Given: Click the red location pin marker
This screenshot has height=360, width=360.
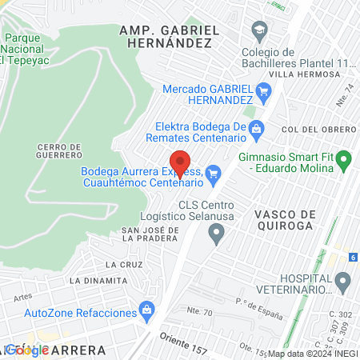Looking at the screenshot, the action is point(181,162).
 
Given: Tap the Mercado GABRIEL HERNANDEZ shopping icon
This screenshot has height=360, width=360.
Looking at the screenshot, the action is point(264,94).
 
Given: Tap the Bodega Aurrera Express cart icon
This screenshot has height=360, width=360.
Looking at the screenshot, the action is point(213,172).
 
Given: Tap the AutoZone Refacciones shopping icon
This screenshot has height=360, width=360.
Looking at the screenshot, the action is point(146,309).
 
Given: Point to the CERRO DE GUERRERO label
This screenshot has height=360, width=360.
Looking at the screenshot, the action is point(59,152).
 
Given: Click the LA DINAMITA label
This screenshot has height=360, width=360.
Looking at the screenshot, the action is point(98,281).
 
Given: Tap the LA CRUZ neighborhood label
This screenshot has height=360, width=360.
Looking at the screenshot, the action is point(122,264).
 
